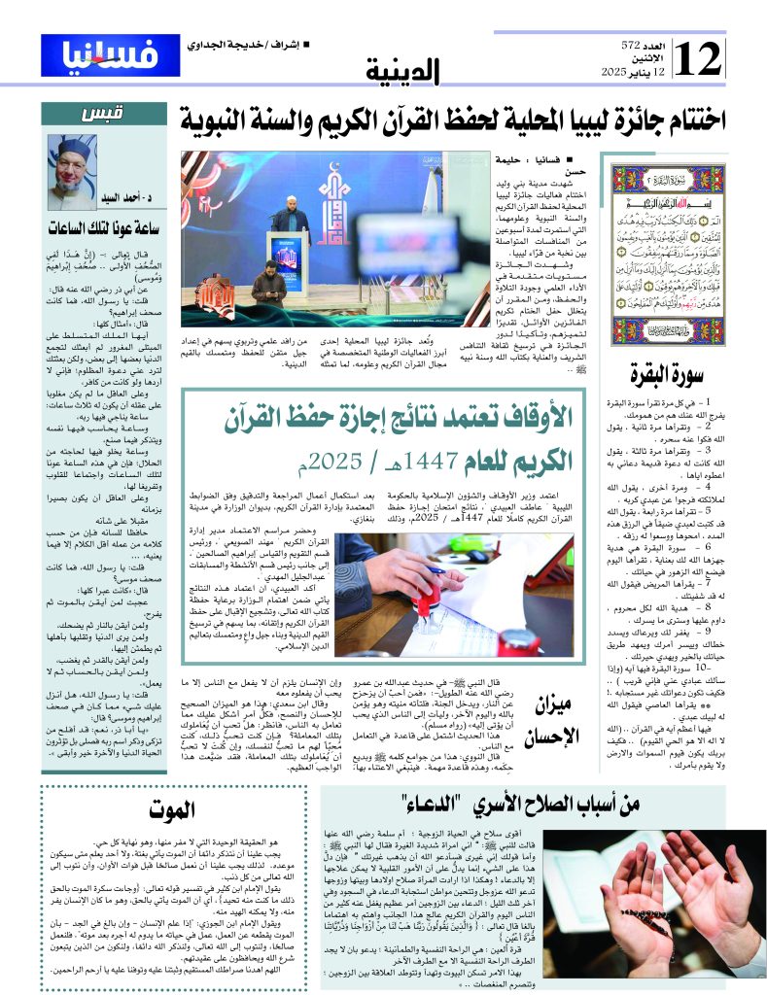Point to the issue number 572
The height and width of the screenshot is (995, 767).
click(x=633, y=46)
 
